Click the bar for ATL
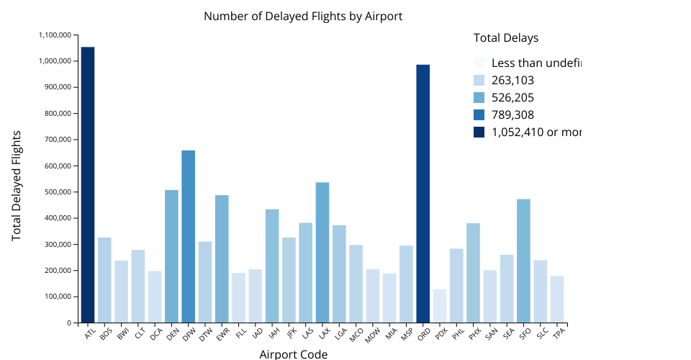88,184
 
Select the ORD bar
423,194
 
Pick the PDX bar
440,306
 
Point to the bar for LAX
322,252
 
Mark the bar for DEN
171,256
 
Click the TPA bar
557,300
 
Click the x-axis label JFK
291,333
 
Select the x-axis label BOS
106,334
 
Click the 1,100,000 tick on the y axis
55,35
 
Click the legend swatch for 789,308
479,114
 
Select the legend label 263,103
512,81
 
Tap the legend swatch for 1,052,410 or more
479,132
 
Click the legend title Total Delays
506,38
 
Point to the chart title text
303,16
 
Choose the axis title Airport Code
293,354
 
